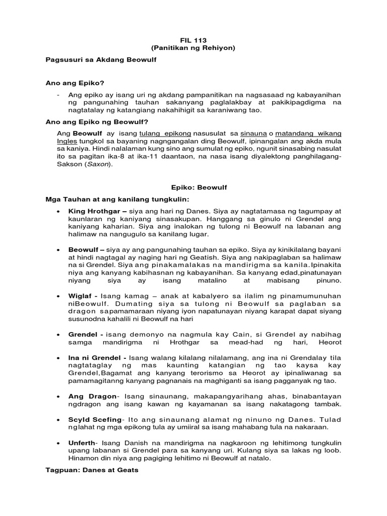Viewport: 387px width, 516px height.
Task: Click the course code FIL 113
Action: coord(193,40)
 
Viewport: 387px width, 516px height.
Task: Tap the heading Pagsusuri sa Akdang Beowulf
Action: coord(101,60)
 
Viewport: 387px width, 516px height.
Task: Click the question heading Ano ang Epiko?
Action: coord(78,83)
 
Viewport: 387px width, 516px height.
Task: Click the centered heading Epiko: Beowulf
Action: coord(193,187)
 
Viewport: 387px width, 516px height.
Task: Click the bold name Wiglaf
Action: coord(81,296)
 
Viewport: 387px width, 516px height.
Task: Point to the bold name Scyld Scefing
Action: coord(95,419)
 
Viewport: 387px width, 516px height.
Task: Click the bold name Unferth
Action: coord(83,442)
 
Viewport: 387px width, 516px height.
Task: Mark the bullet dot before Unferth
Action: coord(59,442)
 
